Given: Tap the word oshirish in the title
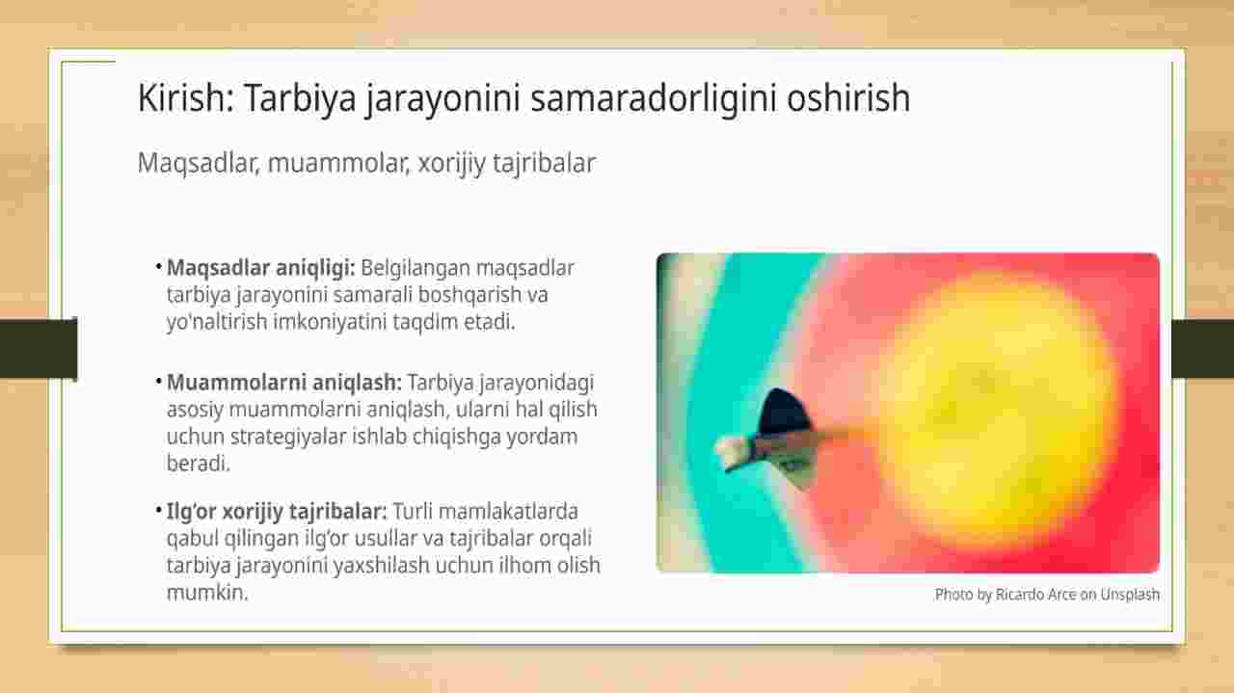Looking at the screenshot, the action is point(848,97).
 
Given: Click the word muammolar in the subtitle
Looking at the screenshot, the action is point(338,163).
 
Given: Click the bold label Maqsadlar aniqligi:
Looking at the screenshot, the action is point(261,268).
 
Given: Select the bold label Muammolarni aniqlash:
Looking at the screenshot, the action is point(284,383).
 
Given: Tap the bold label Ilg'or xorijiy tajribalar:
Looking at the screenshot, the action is point(277,512).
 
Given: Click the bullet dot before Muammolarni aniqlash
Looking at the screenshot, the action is point(159,382).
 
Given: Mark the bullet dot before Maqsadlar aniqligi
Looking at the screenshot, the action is point(159,267).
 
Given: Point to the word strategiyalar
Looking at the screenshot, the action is point(288,437).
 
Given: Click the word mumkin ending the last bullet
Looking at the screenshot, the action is point(207,592).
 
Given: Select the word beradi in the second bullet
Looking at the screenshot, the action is point(198,464).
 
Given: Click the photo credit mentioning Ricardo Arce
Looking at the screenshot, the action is point(1047,595).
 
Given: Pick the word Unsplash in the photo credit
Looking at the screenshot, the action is point(1130,595).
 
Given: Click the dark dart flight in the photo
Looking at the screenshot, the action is point(785,413).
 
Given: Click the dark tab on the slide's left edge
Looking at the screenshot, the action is point(39,348).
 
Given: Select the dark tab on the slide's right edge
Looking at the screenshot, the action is point(1202,348).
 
